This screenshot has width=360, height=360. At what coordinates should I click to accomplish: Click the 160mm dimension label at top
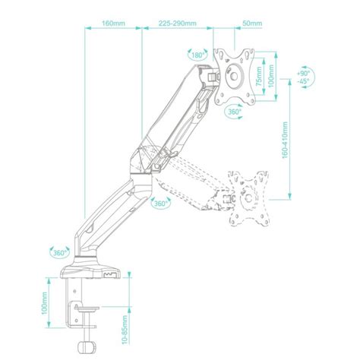click(113, 24)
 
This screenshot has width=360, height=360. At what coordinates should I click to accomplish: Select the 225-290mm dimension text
click(178, 24)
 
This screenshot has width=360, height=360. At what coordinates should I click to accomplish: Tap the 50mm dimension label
click(252, 24)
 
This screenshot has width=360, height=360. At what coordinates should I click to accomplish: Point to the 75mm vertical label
click(258, 76)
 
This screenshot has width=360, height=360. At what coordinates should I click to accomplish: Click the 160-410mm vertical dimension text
click(285, 140)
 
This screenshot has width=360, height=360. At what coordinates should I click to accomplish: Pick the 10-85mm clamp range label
click(125, 330)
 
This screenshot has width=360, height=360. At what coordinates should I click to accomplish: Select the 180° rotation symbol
click(197, 55)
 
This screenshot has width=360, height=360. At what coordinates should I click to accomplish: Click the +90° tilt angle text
click(304, 74)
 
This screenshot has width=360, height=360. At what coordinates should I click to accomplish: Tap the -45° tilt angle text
click(304, 81)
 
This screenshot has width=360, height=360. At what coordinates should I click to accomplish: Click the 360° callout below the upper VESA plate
click(234, 112)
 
